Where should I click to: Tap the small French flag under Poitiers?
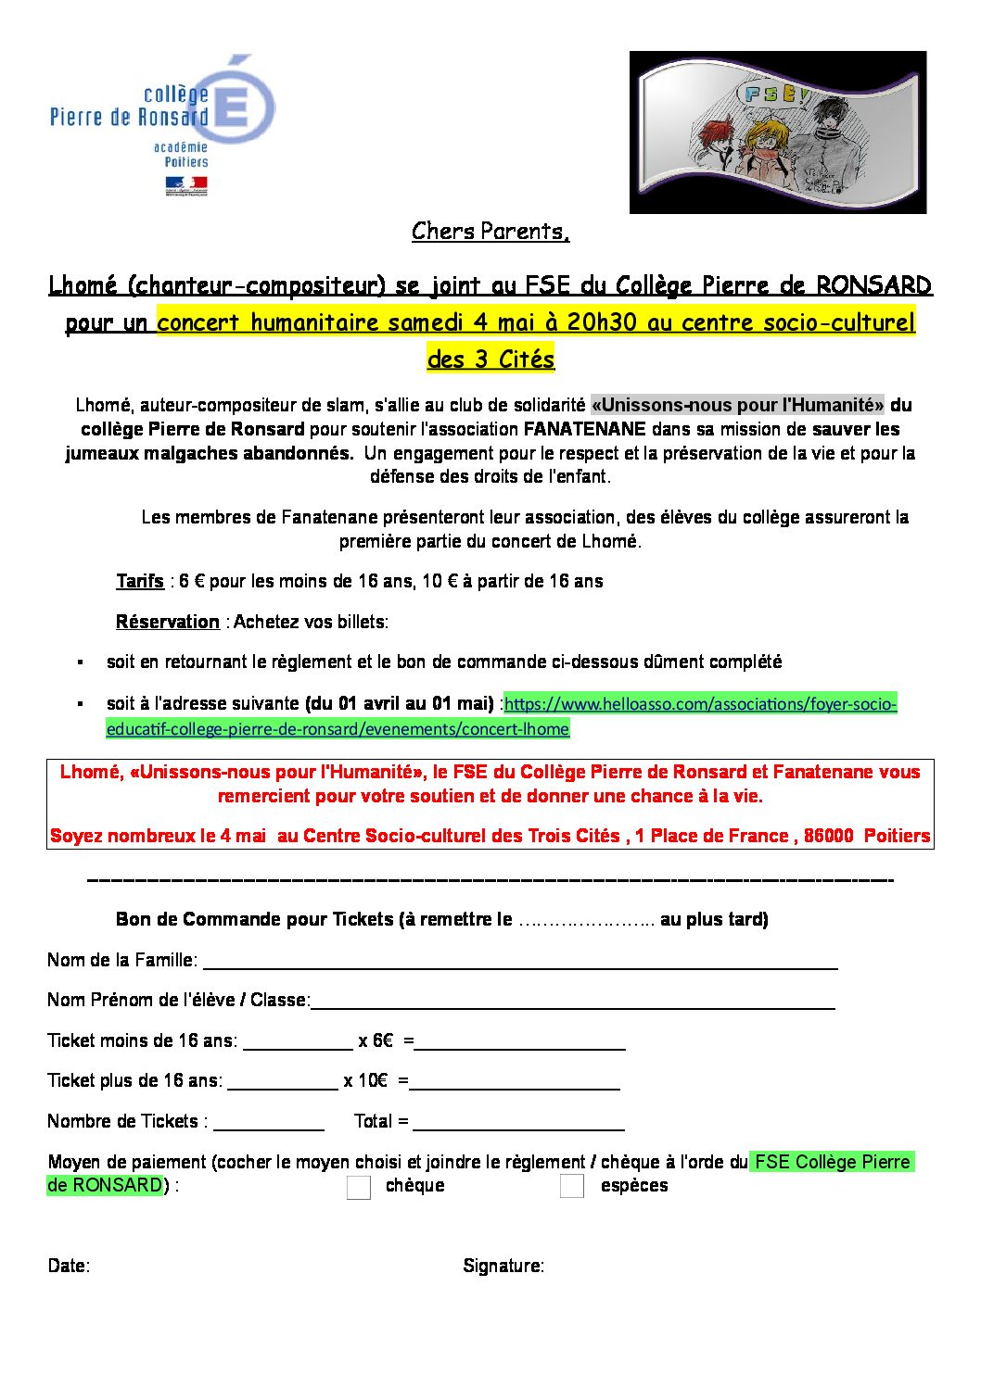click(185, 185)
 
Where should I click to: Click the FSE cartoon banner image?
click(777, 132)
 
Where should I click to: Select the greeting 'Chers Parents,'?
click(490, 231)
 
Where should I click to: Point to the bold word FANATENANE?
click(584, 429)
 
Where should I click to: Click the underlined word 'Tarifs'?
click(140, 581)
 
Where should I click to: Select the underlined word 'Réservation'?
click(167, 622)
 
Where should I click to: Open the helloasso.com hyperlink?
click(700, 704)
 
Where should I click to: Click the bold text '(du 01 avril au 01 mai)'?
click(399, 703)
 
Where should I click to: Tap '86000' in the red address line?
click(828, 836)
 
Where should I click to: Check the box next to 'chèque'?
click(359, 1187)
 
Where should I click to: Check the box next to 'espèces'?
click(572, 1186)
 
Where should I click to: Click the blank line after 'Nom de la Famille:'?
click(519, 962)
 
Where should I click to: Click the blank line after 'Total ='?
click(518, 1123)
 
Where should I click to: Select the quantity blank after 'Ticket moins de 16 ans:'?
click(298, 1042)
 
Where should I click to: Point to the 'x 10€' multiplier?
click(365, 1080)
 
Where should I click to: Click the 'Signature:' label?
click(503, 1266)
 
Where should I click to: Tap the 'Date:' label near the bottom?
click(69, 1266)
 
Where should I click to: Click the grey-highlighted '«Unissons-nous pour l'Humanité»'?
click(737, 405)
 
